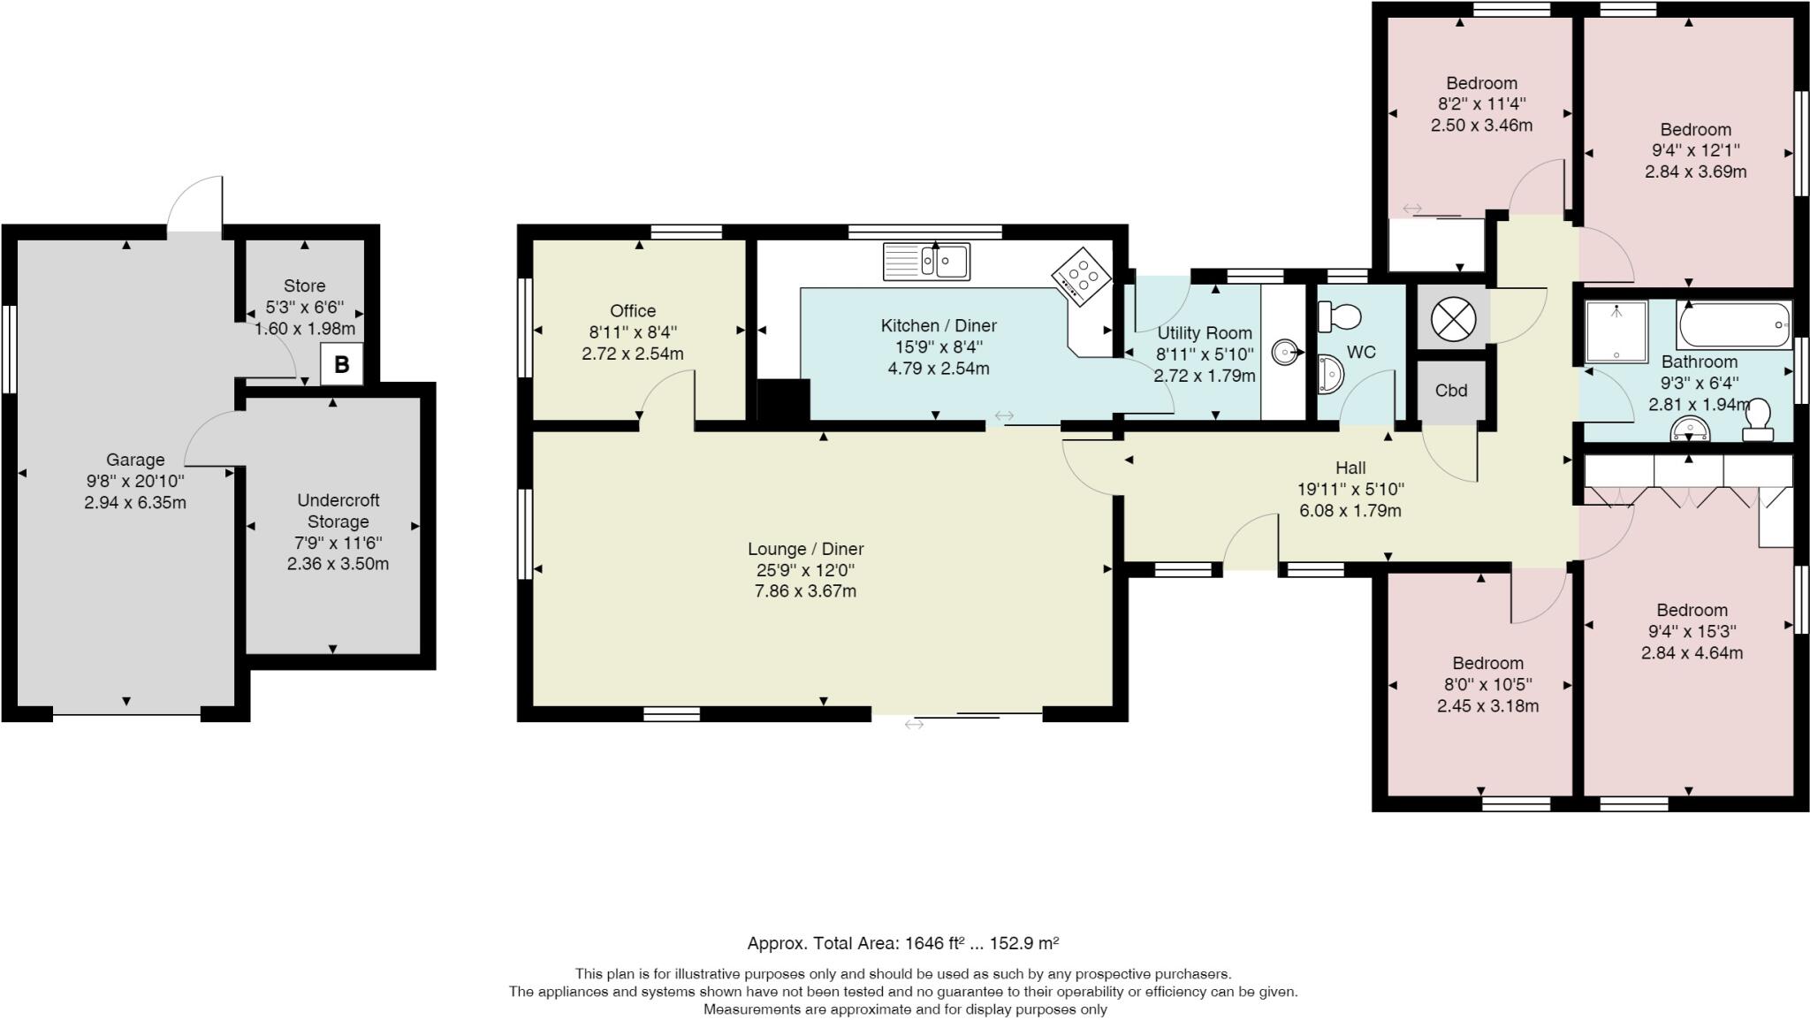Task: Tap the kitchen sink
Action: [926, 262]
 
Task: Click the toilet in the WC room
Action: [1339, 316]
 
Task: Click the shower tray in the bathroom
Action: [1617, 331]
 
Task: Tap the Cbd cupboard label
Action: [1451, 391]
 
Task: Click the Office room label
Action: [633, 310]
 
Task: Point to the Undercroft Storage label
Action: [338, 511]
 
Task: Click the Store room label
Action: [304, 285]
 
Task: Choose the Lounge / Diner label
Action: [805, 549]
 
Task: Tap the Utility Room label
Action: [1205, 332]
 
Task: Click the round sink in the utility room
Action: [1284, 353]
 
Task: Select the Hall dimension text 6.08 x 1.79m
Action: [1350, 511]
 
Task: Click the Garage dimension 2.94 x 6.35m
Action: [135, 503]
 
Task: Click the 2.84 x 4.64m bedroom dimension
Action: [1692, 653]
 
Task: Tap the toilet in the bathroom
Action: [1757, 420]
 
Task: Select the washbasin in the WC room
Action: [1330, 373]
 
